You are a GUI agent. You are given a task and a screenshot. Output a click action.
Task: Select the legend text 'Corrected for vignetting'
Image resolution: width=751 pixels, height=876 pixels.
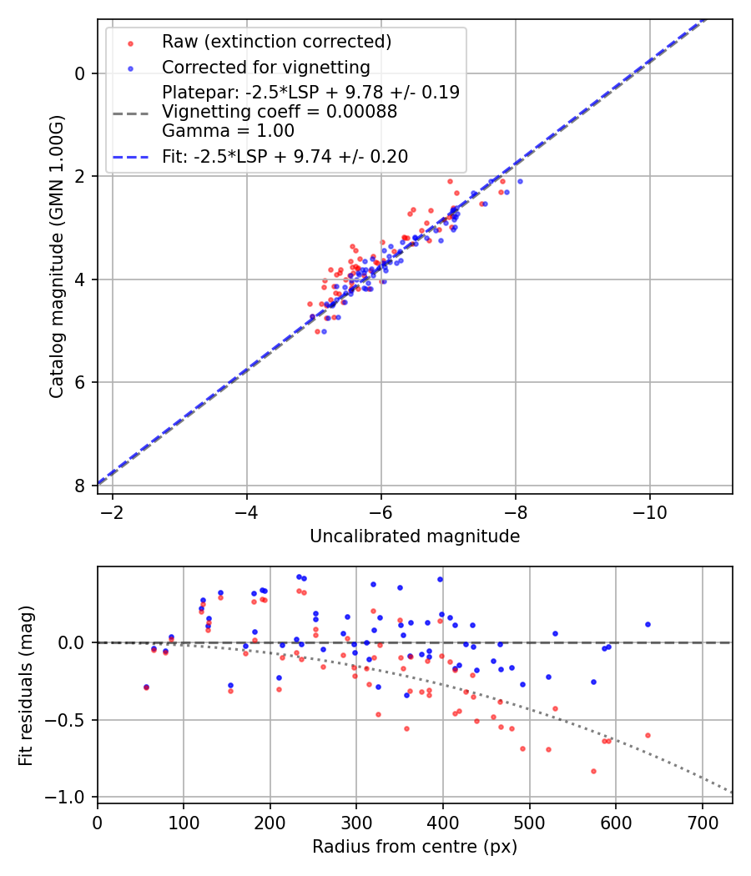(x=265, y=67)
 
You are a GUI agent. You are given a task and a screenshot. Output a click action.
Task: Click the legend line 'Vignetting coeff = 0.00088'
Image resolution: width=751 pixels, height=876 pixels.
(x=280, y=111)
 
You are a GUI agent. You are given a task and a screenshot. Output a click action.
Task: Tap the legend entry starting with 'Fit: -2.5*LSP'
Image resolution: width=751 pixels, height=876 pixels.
(x=285, y=156)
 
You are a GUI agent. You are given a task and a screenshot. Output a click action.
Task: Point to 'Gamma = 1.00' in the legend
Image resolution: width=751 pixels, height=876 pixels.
(x=228, y=130)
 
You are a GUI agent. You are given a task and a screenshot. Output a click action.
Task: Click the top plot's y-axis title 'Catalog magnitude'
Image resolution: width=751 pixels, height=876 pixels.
(x=56, y=255)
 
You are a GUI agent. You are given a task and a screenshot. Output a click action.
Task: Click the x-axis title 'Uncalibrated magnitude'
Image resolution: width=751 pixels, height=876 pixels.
(x=415, y=536)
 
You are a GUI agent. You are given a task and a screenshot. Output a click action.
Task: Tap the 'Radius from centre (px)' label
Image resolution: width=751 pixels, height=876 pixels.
(x=415, y=847)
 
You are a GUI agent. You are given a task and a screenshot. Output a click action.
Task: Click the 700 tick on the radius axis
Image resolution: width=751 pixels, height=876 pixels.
(x=702, y=822)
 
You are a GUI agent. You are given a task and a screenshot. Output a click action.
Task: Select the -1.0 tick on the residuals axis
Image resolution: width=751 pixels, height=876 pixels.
(x=70, y=797)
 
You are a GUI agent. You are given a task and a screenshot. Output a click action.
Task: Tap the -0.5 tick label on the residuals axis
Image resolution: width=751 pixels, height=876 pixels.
(x=70, y=720)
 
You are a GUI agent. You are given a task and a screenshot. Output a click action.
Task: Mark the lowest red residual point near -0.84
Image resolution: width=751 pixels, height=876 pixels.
(x=593, y=771)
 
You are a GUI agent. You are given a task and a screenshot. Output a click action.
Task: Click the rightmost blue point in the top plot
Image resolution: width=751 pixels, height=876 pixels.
(x=520, y=181)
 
